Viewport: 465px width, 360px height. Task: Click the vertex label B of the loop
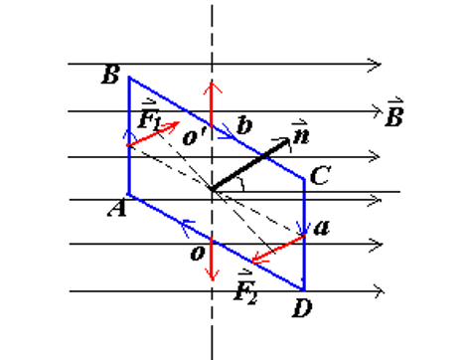pos(110,75)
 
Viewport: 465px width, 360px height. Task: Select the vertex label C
pos(320,177)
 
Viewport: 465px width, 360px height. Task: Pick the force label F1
pos(150,118)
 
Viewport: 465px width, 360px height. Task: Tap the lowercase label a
pos(320,228)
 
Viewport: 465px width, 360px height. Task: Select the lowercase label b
pos(243,125)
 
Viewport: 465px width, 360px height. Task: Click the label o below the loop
pos(197,254)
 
